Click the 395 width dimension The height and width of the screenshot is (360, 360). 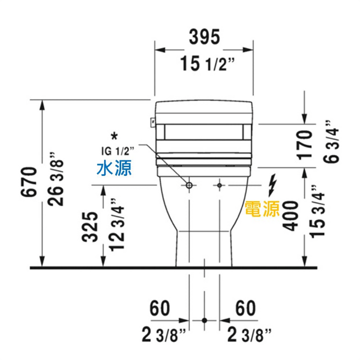pos(204,37)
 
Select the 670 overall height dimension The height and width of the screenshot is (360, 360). pos(29,182)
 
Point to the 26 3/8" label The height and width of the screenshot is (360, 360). pos(55,178)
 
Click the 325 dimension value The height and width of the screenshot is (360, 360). pos(90,226)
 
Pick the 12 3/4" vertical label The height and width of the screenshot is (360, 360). pos(116,225)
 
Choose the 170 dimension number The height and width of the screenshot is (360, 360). pos(304,145)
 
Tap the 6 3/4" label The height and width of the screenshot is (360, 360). pos(331,141)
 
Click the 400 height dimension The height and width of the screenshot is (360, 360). pos(290,216)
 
